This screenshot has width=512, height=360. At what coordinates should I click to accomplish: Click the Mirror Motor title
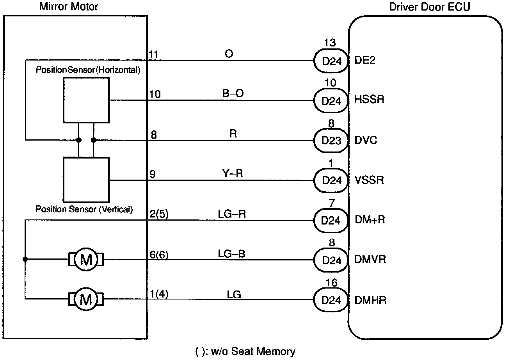click(x=69, y=6)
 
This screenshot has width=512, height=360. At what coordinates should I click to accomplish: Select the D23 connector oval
click(x=331, y=140)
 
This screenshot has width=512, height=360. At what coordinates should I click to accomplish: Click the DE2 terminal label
click(x=365, y=61)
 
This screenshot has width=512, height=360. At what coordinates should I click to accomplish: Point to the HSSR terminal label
click(x=369, y=100)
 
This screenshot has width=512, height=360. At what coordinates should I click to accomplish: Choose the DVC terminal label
click(x=366, y=140)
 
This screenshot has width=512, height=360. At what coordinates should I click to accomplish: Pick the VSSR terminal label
click(x=369, y=180)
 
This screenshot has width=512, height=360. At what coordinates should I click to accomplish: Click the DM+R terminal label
click(x=370, y=220)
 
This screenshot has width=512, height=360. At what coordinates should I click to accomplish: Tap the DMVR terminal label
click(x=370, y=260)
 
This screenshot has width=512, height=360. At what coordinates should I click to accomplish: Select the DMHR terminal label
click(x=370, y=300)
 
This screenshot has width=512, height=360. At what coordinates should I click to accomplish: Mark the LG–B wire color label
click(x=231, y=253)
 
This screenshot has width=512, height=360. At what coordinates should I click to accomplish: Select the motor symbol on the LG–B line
click(x=86, y=259)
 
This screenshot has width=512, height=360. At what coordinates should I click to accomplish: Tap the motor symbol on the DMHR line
click(x=86, y=299)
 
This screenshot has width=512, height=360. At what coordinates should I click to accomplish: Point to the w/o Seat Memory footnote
click(x=245, y=351)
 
